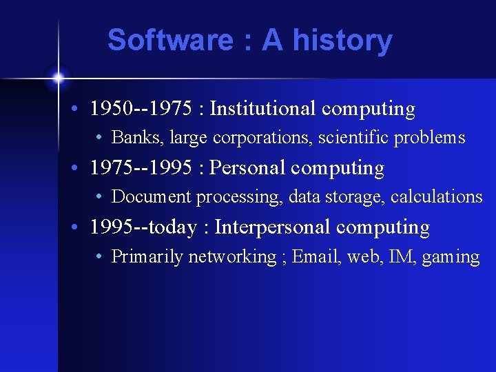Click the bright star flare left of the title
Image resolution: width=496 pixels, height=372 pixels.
click(x=59, y=76)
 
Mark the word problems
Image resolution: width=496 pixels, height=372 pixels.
click(x=430, y=138)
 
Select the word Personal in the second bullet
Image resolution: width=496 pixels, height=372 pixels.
click(x=247, y=167)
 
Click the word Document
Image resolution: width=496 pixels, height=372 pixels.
click(x=152, y=197)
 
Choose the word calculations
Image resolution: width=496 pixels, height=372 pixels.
click(x=437, y=197)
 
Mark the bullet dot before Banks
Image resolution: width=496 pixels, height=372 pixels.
click(x=100, y=138)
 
